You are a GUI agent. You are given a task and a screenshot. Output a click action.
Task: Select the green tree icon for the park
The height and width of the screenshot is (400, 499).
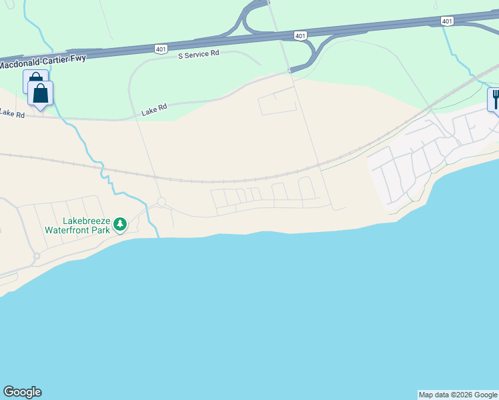point(120,224)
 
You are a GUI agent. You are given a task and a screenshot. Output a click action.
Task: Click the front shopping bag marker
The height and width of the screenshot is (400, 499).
point(40,93)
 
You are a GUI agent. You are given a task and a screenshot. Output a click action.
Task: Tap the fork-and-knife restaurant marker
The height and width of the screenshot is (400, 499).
point(495,99)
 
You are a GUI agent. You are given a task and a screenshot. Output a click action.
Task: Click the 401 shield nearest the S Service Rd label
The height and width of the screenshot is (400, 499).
point(161,49)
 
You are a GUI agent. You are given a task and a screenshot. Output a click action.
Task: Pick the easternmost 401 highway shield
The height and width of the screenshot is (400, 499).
point(447,21)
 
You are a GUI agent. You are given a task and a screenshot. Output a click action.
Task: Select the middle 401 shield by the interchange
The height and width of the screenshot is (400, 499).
point(300,35)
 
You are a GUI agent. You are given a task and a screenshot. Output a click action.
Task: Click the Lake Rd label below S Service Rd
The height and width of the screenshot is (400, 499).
point(153,110)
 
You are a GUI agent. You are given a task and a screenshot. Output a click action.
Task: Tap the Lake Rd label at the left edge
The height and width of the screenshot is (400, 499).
point(11,114)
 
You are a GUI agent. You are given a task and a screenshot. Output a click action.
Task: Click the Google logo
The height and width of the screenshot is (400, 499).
point(22,392)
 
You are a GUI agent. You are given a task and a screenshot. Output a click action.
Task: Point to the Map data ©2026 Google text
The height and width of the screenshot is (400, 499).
point(458,395)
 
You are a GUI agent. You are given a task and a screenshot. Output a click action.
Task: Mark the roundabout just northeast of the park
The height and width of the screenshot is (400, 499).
point(161,201)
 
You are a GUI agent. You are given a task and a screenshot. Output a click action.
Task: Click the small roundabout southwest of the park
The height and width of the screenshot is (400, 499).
point(37,256)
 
